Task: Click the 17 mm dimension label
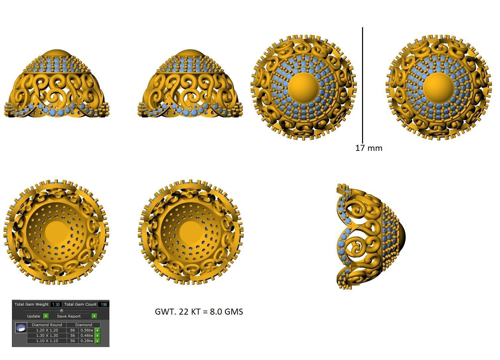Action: coord(369,148)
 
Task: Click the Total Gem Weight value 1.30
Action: coord(56,304)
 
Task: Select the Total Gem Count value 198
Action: coord(104,304)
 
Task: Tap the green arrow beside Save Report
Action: coord(94,316)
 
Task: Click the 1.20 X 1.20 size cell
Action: coord(47,330)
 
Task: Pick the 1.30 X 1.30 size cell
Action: coord(47,335)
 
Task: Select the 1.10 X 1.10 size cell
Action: coord(47,341)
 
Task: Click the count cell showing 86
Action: coord(73,330)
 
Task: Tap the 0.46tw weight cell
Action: coord(87,335)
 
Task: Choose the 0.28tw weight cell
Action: coord(87,341)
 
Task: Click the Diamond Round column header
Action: coord(47,325)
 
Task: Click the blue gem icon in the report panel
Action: coord(21,328)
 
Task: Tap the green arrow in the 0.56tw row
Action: coord(97,330)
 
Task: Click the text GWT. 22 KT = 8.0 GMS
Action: coord(199,312)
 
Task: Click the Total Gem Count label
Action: coord(80,304)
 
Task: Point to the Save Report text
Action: coord(69,316)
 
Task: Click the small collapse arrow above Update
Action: coord(61,310)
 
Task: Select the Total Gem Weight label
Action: coord(31,304)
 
